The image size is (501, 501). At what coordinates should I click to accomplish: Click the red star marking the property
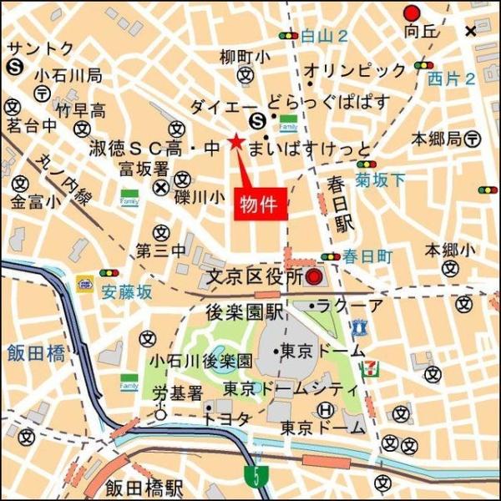pos(236,143)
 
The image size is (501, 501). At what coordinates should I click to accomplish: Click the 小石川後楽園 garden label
pos(200,362)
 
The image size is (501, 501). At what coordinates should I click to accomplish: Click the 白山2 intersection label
pos(324,35)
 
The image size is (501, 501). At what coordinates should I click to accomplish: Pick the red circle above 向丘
pos(411,13)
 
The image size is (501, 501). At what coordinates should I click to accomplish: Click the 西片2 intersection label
pos(451,79)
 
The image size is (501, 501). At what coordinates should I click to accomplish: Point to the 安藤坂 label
pos(127,291)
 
